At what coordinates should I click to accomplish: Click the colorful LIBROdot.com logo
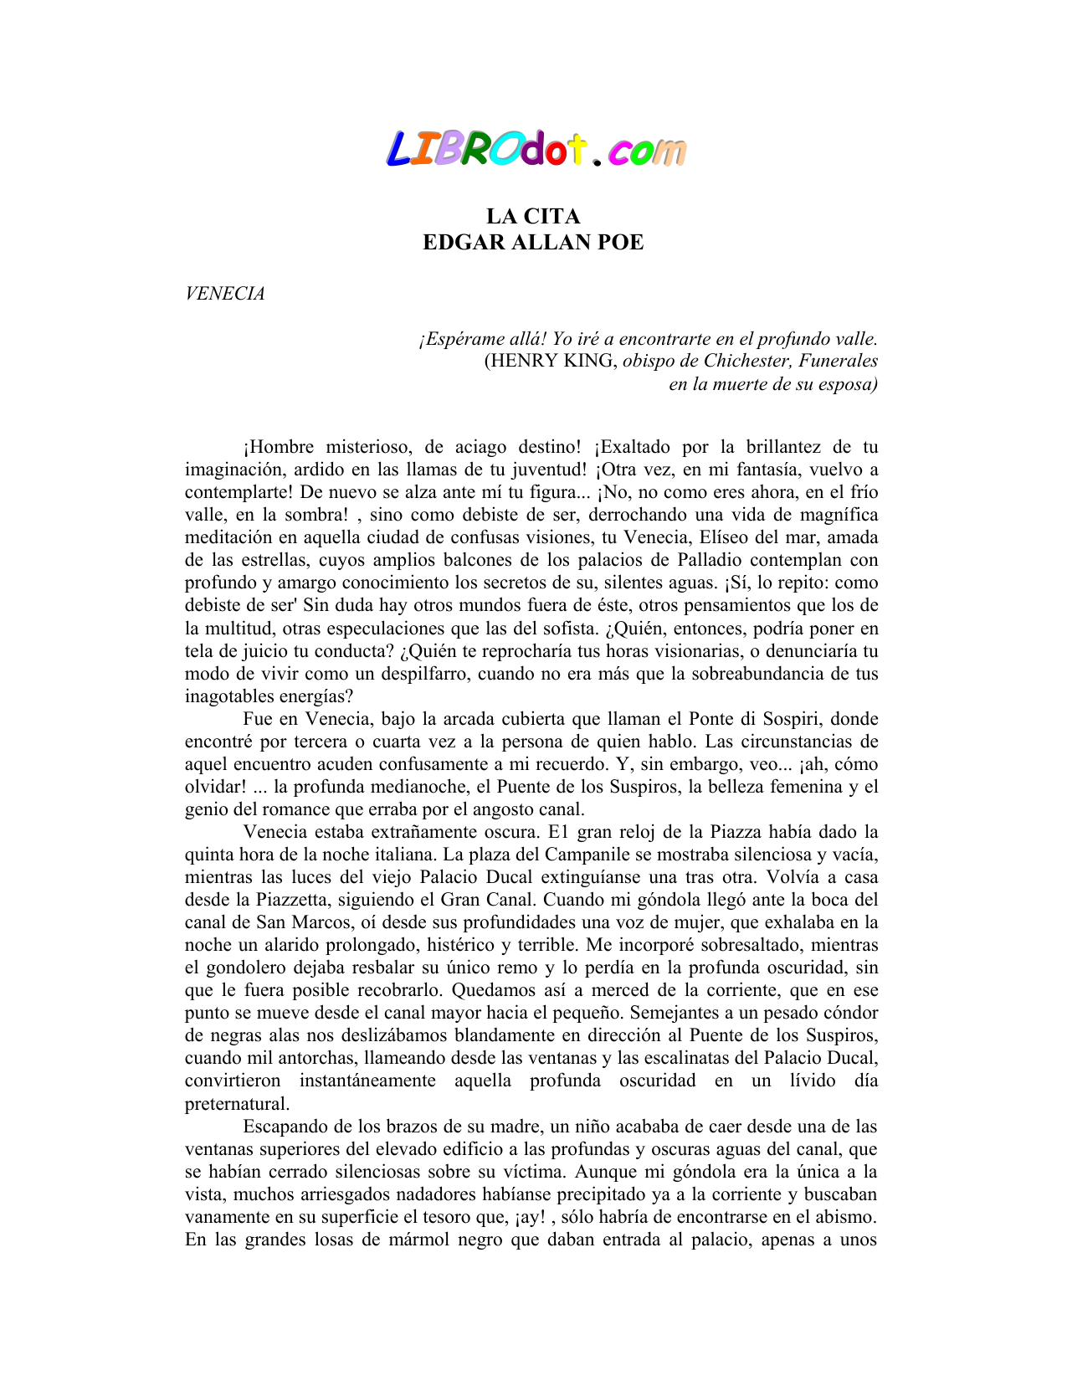pos(536,149)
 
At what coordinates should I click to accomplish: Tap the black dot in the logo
pos(596,162)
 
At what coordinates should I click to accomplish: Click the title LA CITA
pos(533,217)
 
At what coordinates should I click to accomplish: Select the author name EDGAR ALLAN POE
pos(533,243)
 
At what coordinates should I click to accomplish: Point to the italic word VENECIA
pos(224,294)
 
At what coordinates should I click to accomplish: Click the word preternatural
pos(237,1103)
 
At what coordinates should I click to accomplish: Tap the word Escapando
pos(285,1127)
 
